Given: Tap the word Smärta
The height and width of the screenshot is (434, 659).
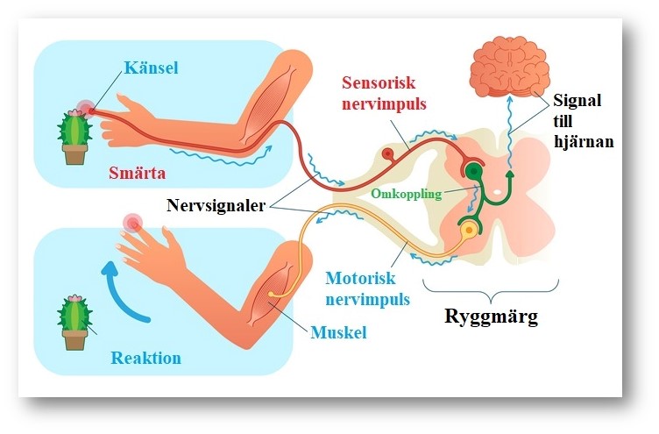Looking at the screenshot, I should point(139,172).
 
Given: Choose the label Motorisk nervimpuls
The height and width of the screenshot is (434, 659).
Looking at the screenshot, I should point(368,288).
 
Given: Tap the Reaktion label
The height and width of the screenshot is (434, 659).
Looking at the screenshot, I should point(146,359).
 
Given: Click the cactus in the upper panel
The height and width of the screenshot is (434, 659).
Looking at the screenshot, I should point(75,137).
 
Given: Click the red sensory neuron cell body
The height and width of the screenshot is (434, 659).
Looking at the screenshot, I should point(386,155).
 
